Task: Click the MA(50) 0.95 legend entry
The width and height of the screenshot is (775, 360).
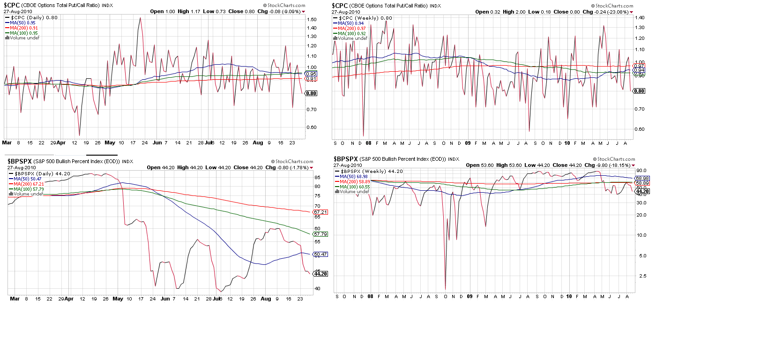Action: tap(22, 23)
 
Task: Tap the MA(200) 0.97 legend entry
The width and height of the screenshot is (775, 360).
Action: tap(351, 29)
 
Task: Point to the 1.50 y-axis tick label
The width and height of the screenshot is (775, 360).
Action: tap(312, 20)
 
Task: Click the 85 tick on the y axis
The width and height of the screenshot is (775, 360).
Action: tap(318, 177)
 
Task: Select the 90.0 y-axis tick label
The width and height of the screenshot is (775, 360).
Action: tap(641, 171)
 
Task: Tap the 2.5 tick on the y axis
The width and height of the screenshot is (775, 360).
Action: tap(642, 276)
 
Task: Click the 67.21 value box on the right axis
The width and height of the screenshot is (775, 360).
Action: tap(320, 212)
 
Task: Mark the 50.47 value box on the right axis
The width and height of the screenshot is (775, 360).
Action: tap(320, 255)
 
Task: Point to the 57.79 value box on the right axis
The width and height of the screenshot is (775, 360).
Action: tap(320, 234)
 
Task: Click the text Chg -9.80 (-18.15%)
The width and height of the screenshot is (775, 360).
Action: tap(608, 165)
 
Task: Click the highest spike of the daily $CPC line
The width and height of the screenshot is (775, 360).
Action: tap(140, 18)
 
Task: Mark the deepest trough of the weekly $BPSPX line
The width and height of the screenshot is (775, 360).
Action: tap(445, 289)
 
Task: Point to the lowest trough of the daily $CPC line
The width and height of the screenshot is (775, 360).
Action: tap(79, 135)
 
